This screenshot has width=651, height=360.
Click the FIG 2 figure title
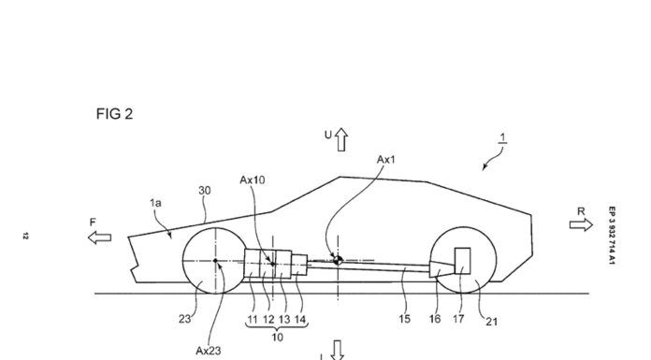115,114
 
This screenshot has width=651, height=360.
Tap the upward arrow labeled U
341,139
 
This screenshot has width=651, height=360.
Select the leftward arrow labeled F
100,238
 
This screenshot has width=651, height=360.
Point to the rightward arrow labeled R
581,224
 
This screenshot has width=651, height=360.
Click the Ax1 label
386,160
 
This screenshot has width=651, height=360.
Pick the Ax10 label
253,180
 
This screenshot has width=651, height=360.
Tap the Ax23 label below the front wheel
209,351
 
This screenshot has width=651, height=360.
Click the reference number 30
205,191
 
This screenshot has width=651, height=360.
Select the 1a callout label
155,203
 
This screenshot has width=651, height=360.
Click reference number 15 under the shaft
404,319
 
